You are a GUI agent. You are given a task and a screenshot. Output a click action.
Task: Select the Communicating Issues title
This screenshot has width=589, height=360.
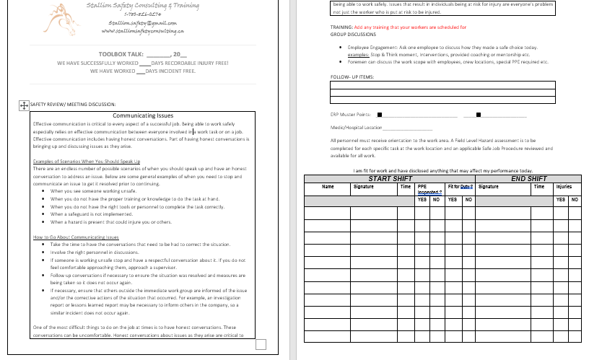(144, 115)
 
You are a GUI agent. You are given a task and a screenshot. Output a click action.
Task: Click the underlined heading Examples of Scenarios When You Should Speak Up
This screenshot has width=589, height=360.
(87, 162)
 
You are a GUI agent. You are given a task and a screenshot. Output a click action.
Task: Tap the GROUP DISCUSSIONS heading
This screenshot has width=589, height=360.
(353, 34)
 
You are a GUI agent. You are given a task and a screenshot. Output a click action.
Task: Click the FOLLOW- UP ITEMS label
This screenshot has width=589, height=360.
(352, 76)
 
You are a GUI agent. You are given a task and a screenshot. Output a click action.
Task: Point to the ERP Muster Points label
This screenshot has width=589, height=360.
(350, 114)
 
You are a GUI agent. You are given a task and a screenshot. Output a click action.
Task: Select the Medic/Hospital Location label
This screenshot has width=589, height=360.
(356, 128)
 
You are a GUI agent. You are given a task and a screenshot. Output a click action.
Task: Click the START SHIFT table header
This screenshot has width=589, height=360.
(390, 178)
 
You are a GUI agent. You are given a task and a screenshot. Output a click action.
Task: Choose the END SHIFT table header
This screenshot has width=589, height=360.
(528, 178)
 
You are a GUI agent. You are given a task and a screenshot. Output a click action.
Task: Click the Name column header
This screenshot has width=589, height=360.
(328, 186)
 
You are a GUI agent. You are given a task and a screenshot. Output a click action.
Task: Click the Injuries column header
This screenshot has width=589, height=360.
(564, 186)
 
